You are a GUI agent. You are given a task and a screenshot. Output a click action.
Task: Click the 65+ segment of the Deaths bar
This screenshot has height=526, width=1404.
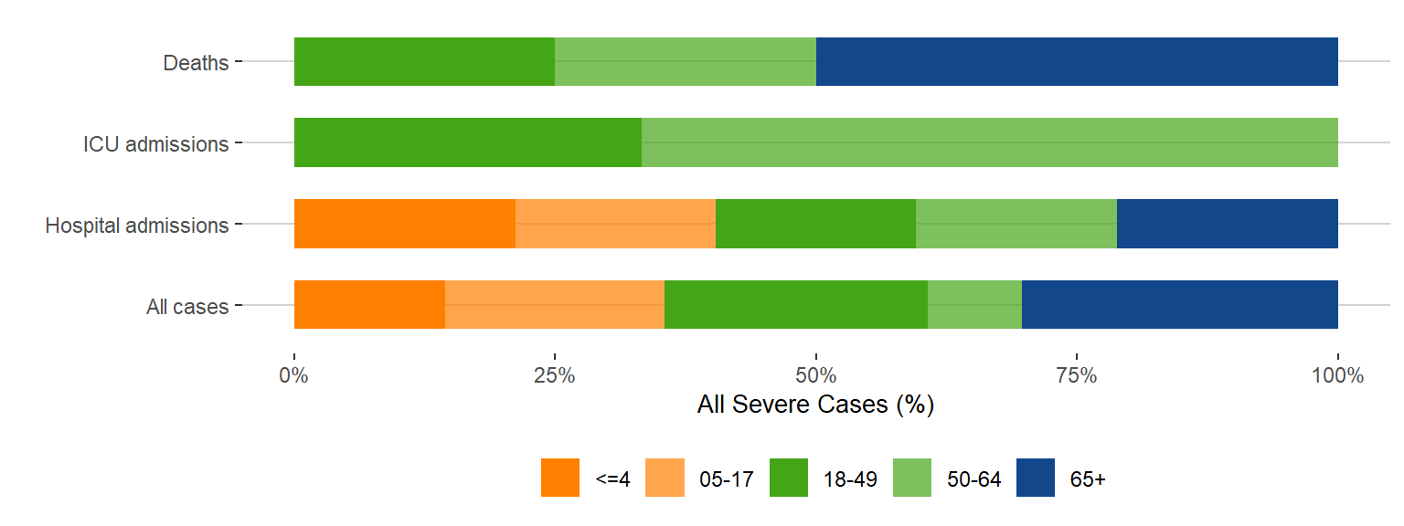point(1077,62)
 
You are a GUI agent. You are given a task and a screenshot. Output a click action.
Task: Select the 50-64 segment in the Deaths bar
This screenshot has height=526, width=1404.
point(686,62)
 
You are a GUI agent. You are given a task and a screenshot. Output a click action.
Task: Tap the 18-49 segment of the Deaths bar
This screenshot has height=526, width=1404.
point(424,62)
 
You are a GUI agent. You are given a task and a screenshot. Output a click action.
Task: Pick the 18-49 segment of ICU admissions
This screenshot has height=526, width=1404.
point(468,142)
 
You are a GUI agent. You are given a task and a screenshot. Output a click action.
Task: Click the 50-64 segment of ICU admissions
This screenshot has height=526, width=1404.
point(990,142)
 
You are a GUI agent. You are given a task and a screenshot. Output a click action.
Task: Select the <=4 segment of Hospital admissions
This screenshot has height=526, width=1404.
point(405,224)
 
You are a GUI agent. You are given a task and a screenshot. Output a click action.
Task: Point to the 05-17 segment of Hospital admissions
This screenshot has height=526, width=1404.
point(615,224)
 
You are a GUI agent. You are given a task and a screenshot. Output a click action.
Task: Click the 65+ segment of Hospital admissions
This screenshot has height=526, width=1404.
point(1228,224)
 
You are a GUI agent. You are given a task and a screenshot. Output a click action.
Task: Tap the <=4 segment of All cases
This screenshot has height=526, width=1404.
point(369,304)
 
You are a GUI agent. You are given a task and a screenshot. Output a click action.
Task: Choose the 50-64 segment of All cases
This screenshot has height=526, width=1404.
point(974,304)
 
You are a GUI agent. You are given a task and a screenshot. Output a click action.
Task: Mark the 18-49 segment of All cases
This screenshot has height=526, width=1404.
point(796,304)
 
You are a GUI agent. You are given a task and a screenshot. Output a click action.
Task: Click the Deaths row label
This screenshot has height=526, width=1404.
point(196,63)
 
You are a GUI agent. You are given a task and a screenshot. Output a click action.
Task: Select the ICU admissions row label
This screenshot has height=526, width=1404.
point(155,144)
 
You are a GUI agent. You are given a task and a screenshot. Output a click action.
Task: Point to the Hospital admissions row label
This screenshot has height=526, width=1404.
point(137,225)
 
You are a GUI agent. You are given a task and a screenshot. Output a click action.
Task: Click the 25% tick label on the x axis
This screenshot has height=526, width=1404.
point(555,375)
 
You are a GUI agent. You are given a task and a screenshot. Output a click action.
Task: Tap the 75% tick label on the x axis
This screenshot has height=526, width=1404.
point(1077,375)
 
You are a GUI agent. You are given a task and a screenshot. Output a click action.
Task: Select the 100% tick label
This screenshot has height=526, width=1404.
point(1338,375)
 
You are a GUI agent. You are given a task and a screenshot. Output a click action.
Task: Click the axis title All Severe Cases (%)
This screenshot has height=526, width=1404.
point(815,405)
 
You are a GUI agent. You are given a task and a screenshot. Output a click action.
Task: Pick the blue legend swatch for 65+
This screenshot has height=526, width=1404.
point(1036,478)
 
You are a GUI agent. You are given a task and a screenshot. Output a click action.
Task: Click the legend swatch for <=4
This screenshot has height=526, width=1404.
point(560,478)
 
